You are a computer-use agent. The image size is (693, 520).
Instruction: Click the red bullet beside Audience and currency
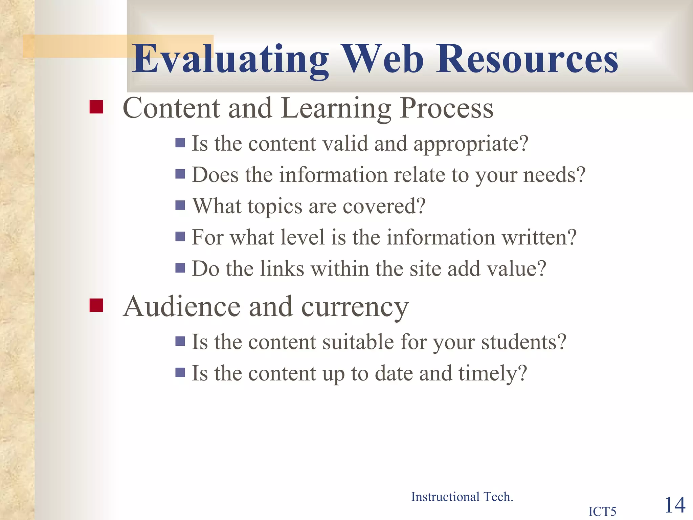(96, 305)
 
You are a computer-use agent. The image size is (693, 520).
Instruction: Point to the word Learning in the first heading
(336, 108)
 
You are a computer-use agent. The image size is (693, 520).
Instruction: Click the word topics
(275, 207)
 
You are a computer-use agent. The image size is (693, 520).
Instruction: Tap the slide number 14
(675, 505)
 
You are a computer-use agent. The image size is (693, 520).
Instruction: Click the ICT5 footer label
(602, 511)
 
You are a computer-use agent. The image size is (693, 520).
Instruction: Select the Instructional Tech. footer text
(462, 497)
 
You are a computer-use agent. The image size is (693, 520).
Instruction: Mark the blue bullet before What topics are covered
(180, 205)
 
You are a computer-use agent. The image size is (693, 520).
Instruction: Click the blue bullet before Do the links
(180, 268)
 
